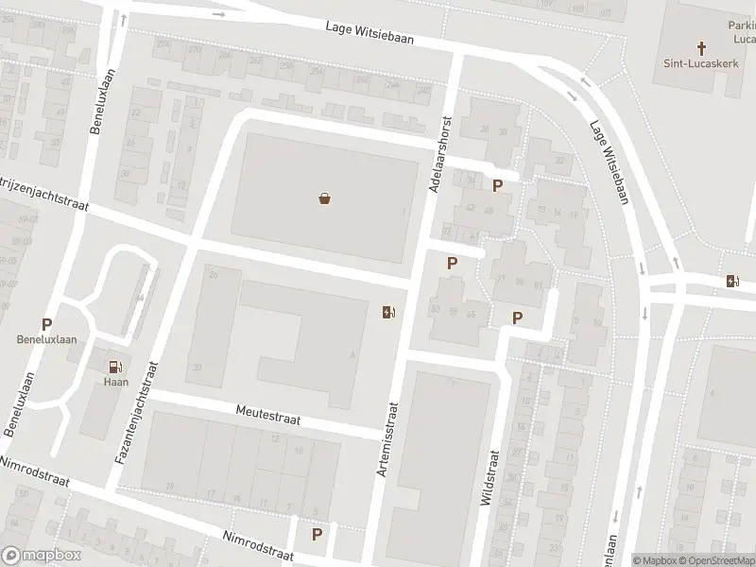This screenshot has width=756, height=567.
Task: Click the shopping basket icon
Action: point(325,198)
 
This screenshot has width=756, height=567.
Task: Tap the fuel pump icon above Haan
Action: point(114,368)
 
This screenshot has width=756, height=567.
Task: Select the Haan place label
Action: point(114,383)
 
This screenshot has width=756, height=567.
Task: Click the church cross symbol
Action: point(701,47)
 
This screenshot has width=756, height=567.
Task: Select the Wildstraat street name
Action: point(490,478)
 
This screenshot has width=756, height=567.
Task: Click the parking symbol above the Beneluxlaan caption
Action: point(46,324)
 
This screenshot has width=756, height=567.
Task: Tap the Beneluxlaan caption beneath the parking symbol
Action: point(46,339)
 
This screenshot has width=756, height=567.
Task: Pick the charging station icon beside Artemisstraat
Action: point(388,312)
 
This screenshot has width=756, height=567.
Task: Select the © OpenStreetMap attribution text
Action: point(709,560)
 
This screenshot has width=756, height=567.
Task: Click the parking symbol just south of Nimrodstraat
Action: point(317,535)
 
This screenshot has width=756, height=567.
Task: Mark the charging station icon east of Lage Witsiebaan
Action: point(731,280)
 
